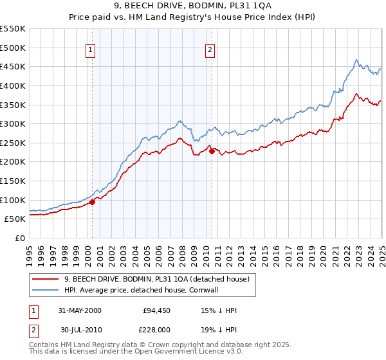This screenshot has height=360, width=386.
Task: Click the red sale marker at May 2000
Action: pos(92,202)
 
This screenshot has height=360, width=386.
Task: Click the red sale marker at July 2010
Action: pos(212,151)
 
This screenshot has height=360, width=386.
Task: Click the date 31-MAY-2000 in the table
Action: pos(80,310)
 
